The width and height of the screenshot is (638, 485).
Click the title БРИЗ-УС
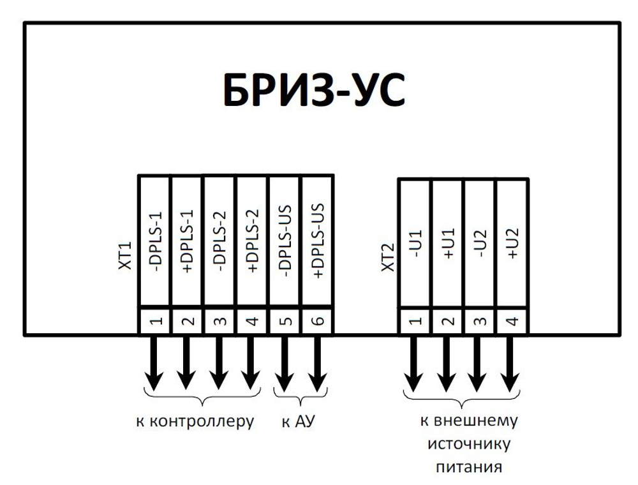(x=314, y=90)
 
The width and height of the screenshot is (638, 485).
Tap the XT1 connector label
(x=125, y=255)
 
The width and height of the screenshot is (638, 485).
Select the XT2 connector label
(x=389, y=258)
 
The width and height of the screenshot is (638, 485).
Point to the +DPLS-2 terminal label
(x=253, y=241)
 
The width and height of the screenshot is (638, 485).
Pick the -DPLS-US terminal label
(x=286, y=241)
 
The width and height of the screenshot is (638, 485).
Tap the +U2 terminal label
(x=513, y=243)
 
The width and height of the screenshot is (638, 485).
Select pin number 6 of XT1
(x=318, y=321)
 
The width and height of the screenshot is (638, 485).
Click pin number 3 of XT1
(x=220, y=321)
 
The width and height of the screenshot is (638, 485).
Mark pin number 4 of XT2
(x=513, y=321)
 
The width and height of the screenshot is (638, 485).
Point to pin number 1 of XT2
(x=415, y=321)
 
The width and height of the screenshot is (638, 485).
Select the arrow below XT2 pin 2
(x=447, y=363)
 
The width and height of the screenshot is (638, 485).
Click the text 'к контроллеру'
(x=195, y=422)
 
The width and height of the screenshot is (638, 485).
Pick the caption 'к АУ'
(x=298, y=421)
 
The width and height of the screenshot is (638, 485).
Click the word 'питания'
(x=469, y=466)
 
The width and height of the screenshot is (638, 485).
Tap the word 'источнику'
(x=469, y=444)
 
